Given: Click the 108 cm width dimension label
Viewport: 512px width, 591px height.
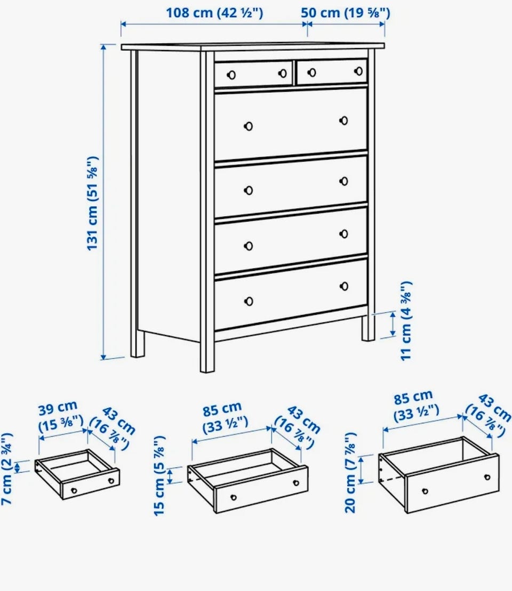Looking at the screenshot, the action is [214, 13].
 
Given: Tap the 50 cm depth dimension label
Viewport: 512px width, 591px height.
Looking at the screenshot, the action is [345, 13].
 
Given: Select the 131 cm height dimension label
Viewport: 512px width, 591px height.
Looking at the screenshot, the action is [92, 203].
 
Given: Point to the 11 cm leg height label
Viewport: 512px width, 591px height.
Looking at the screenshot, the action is [406, 321].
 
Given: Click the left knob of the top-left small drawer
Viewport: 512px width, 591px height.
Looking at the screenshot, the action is [231, 75].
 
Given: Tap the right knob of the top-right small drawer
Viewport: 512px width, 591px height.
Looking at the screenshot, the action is [359, 71].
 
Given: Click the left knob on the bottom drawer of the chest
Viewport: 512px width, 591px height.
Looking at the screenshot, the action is [249, 301].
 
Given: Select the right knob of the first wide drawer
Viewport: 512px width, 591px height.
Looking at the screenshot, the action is [343, 120].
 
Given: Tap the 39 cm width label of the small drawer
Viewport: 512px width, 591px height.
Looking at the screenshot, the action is [60, 416].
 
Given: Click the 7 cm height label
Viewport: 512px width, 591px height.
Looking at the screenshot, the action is [7, 468].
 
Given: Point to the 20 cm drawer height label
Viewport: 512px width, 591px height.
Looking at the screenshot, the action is [350, 473].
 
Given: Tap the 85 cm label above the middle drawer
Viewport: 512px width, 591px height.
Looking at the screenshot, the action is [224, 417].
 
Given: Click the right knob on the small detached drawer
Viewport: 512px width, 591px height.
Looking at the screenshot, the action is [111, 481].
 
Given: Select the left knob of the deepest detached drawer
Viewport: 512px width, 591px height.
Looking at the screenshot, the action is [425, 491].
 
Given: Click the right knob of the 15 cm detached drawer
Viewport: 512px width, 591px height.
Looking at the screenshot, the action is [296, 483].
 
